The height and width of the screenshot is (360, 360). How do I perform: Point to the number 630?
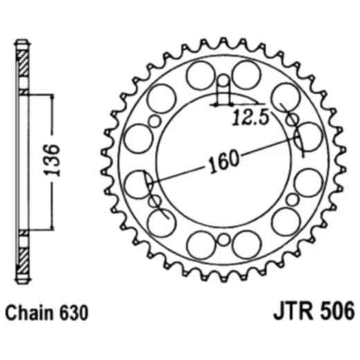(74, 312)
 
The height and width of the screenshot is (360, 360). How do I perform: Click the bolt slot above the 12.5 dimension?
(223, 87)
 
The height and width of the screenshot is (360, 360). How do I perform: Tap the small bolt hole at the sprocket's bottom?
(223, 240)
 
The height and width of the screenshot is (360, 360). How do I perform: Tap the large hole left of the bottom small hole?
(201, 244)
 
